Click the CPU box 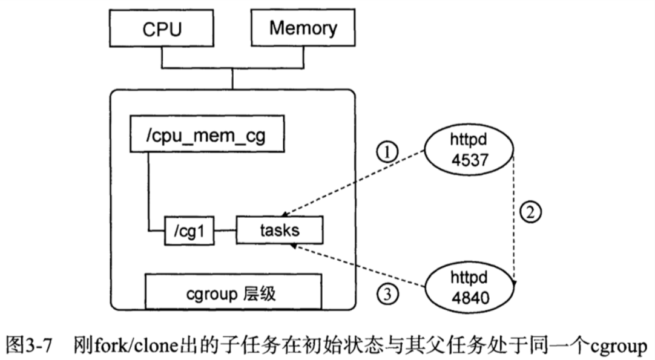[x=162, y=29]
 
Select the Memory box [x=303, y=28]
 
